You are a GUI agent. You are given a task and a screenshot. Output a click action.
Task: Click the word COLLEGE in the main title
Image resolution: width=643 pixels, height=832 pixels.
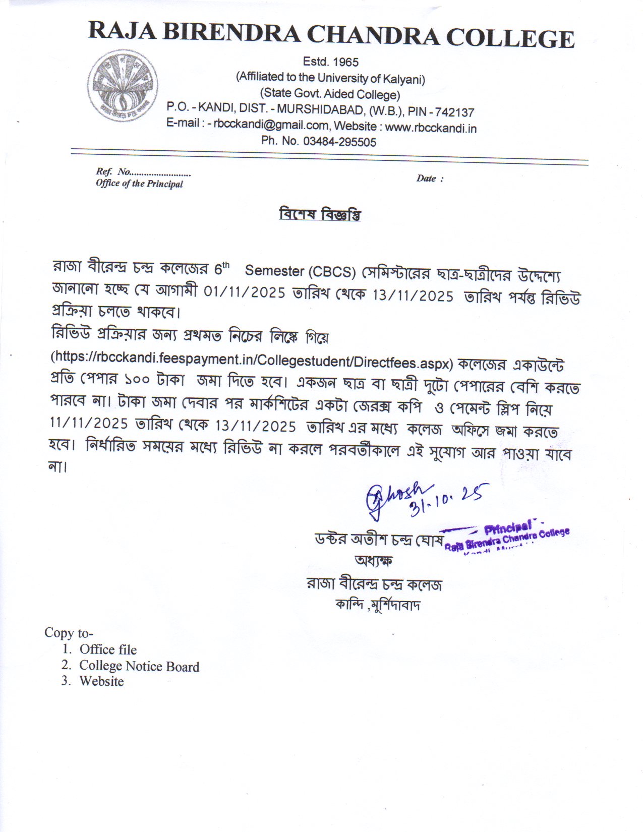coord(510,38)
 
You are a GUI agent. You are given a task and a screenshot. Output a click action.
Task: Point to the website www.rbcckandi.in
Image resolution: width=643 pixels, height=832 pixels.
coord(431,128)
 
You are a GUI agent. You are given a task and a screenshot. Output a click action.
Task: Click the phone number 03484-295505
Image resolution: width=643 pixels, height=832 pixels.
coord(339,142)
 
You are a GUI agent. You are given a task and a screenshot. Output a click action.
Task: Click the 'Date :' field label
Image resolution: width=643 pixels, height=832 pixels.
coord(430,178)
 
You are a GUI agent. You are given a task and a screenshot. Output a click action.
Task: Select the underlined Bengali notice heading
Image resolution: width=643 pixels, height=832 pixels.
coord(320,215)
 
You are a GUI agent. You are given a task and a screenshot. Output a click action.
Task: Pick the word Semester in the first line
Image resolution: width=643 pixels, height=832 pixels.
coord(274,271)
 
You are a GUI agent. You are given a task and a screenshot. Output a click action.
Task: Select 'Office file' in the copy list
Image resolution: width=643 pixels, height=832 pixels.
coord(108,649)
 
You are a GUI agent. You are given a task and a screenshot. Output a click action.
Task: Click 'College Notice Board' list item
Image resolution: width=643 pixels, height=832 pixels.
coord(139,666)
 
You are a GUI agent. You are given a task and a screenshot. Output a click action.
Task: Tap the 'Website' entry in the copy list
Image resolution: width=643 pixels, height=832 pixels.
coord(101,681)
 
